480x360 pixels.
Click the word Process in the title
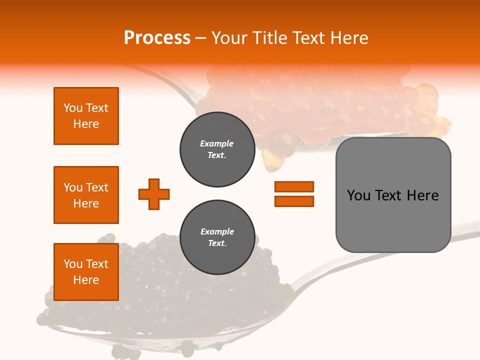tap(157, 38)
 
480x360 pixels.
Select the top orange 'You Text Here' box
tap(86, 116)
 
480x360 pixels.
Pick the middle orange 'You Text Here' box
tap(86, 195)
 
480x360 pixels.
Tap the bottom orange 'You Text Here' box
tap(86, 272)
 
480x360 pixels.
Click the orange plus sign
tap(154, 194)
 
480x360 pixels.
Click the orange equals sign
tap(294, 194)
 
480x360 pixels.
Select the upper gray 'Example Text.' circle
tap(217, 149)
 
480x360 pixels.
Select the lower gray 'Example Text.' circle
tap(217, 237)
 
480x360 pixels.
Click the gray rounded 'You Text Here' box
tap(393, 195)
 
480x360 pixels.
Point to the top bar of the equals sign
tap(294, 186)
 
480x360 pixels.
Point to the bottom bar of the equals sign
tap(294, 201)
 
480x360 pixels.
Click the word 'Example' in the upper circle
tap(217, 143)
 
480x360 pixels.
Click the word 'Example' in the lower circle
tap(217, 231)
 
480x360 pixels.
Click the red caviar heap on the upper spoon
tap(320, 105)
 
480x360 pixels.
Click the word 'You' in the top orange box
tap(72, 108)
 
